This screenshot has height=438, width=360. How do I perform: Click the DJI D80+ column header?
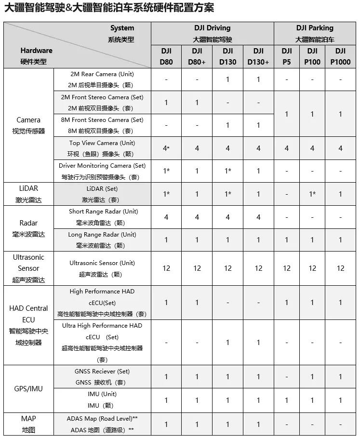click(x=197, y=56)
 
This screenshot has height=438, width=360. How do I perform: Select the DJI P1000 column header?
click(x=340, y=56)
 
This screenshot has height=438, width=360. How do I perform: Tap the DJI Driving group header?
click(x=212, y=33)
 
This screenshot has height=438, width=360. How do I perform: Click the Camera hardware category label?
click(x=28, y=125)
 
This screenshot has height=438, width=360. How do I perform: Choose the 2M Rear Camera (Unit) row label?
click(x=102, y=80)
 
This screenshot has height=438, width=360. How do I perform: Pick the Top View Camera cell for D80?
click(x=166, y=148)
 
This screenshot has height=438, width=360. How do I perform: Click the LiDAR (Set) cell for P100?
click(x=312, y=194)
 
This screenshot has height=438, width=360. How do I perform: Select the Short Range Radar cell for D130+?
click(x=258, y=217)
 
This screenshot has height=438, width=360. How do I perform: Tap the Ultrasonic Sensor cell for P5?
click(x=287, y=268)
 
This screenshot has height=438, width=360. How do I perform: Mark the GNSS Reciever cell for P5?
click(x=287, y=377)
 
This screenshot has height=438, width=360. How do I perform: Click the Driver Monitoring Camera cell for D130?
click(x=228, y=171)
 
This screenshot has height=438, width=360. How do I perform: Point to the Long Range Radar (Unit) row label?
click(x=102, y=240)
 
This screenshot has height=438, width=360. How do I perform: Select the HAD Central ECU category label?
click(x=28, y=325)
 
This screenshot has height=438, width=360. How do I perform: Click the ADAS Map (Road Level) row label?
click(x=102, y=424)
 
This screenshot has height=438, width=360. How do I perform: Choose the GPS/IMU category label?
click(x=28, y=388)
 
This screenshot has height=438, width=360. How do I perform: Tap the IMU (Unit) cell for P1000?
click(x=340, y=400)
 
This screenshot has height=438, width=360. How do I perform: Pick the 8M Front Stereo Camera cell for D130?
click(x=228, y=125)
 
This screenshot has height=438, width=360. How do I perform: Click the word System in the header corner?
click(x=122, y=28)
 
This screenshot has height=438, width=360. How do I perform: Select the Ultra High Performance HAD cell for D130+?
click(x=258, y=343)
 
